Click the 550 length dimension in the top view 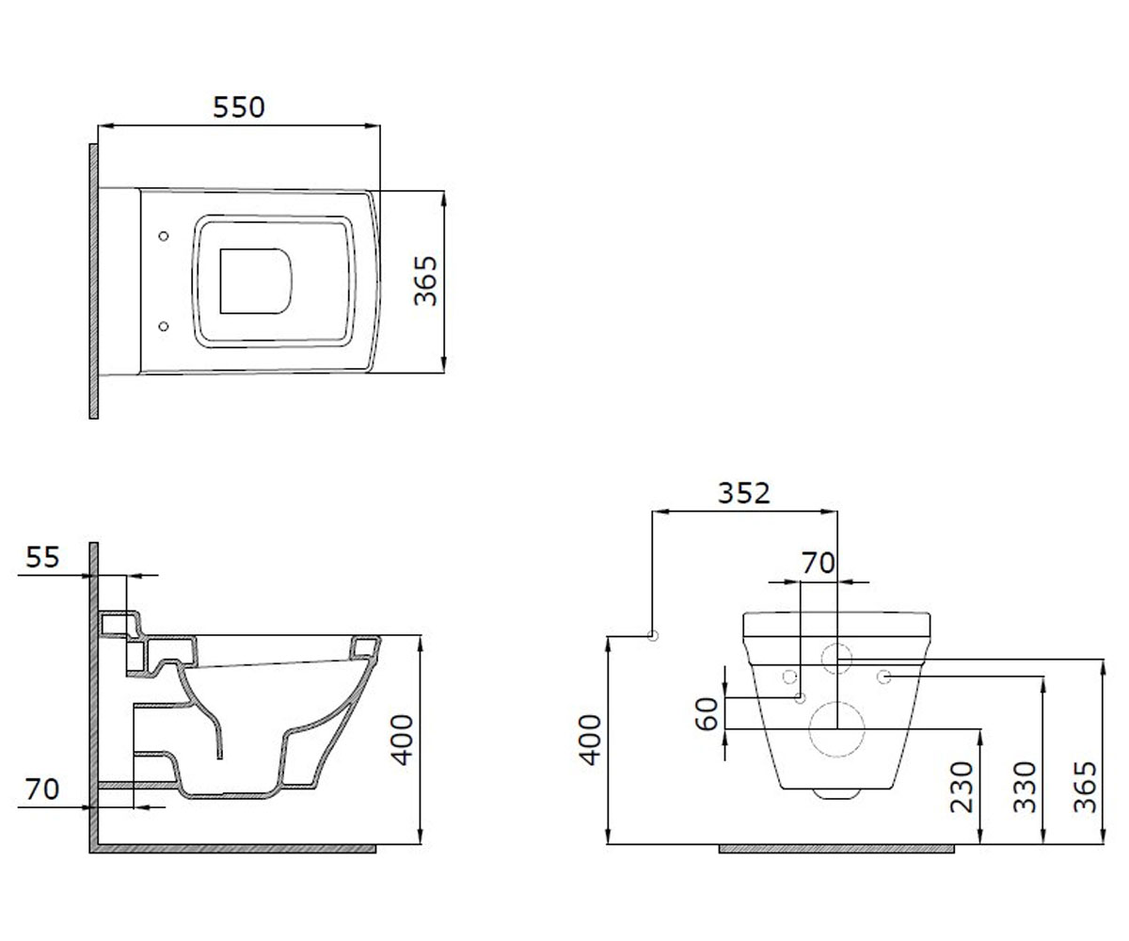(x=238, y=107)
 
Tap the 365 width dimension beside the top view (x=425, y=280)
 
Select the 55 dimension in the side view (x=42, y=557)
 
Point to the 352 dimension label (x=743, y=493)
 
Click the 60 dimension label (x=707, y=714)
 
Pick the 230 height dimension (x=962, y=787)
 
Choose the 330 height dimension (x=1025, y=787)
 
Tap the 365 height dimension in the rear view (x=1085, y=787)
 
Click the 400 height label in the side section (x=402, y=740)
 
